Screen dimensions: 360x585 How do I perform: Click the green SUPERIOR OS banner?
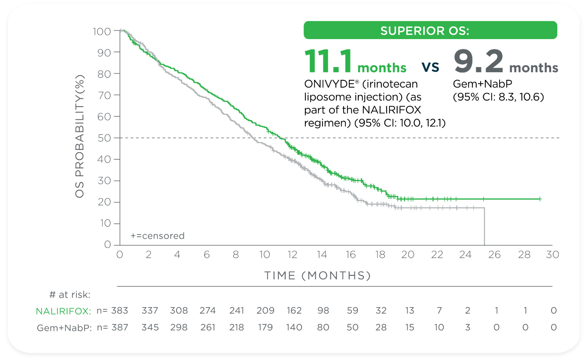pos(430,31)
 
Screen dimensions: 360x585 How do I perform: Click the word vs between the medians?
pos(430,67)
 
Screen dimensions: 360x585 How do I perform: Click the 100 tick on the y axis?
pos(101,31)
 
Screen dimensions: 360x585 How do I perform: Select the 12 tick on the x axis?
pos(292,254)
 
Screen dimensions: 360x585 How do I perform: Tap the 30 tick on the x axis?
pos(552,254)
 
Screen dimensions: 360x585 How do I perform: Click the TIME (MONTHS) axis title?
pos(317,275)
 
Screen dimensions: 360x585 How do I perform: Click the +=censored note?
pos(157,236)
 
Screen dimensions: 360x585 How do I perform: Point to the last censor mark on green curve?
pos(540,199)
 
